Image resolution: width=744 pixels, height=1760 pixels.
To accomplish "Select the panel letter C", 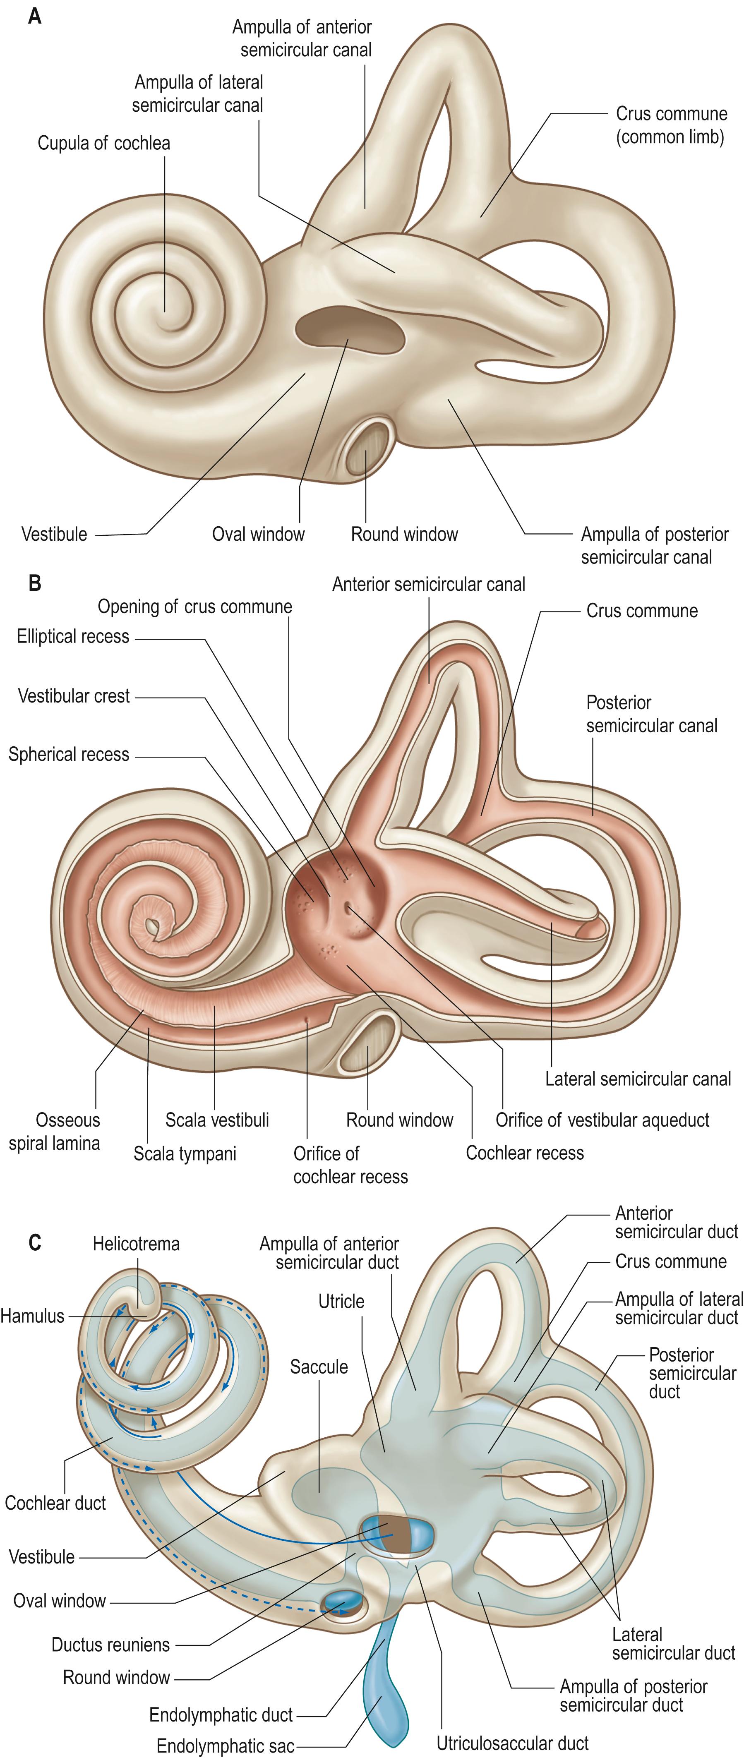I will click(34, 1242).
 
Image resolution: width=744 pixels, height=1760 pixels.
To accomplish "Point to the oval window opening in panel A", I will click(348, 330).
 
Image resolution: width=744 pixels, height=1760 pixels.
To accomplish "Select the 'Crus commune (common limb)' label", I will click(671, 125).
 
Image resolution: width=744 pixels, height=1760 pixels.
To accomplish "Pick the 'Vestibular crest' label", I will click(73, 696).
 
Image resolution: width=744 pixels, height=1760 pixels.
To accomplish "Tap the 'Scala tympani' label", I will click(185, 1154).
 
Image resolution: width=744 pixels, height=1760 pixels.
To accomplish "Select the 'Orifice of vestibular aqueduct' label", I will click(602, 1120).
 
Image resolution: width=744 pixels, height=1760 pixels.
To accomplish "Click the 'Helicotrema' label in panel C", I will click(136, 1244).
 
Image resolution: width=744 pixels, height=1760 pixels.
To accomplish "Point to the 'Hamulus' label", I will click(32, 1316).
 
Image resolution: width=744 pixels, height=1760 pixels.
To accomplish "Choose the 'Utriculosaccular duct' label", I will click(512, 1743).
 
